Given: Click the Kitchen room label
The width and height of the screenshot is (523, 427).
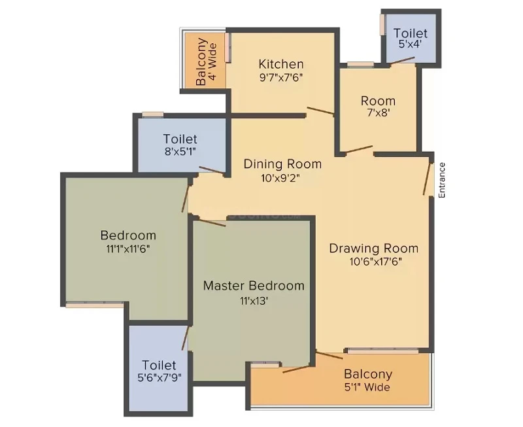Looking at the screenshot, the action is click(281, 63).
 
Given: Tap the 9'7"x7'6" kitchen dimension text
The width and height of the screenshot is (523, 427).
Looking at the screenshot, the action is click(281, 77).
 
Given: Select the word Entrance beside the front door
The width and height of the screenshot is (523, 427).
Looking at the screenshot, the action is click(442, 180).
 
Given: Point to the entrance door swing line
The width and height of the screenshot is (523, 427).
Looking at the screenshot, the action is click(427, 179).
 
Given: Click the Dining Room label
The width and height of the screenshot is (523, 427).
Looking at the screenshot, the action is click(282, 164).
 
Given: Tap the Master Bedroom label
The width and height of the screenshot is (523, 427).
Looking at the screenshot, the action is click(254, 286).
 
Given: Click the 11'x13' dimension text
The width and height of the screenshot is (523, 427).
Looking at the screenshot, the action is click(254, 301).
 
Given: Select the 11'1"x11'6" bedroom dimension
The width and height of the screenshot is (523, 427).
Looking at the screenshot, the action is click(128, 249).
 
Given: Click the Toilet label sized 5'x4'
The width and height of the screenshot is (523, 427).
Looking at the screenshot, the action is click(411, 33).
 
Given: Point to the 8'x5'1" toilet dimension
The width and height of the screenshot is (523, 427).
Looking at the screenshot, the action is click(180, 152).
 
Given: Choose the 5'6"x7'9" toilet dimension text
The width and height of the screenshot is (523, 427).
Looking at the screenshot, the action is click(160, 377).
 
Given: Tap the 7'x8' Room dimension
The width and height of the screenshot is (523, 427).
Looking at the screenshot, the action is click(379, 112).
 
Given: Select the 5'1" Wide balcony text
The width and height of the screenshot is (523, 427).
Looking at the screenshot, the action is click(367, 387).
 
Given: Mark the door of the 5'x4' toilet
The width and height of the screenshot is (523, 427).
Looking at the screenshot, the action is click(402, 60).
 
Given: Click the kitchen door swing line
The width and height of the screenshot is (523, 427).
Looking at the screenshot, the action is click(320, 111).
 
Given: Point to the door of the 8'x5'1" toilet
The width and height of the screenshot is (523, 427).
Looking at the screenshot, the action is click(211, 169).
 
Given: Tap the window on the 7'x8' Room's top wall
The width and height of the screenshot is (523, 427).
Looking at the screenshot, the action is click(360, 64).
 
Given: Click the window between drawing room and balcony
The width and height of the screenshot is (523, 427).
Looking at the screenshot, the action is click(383, 350).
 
